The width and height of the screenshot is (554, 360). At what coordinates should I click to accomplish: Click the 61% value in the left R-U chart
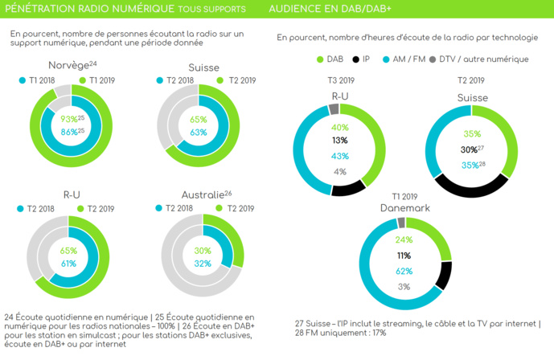coord(68,263)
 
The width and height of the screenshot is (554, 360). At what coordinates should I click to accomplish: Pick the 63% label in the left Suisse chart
coord(198,132)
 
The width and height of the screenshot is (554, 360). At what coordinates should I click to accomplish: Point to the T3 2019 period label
coord(341,80)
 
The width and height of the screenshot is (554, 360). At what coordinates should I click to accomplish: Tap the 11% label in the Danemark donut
coord(404,256)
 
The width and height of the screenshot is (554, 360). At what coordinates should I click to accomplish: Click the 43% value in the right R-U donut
coord(340,156)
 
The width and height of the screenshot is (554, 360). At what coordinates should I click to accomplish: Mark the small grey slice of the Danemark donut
coord(401,223)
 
